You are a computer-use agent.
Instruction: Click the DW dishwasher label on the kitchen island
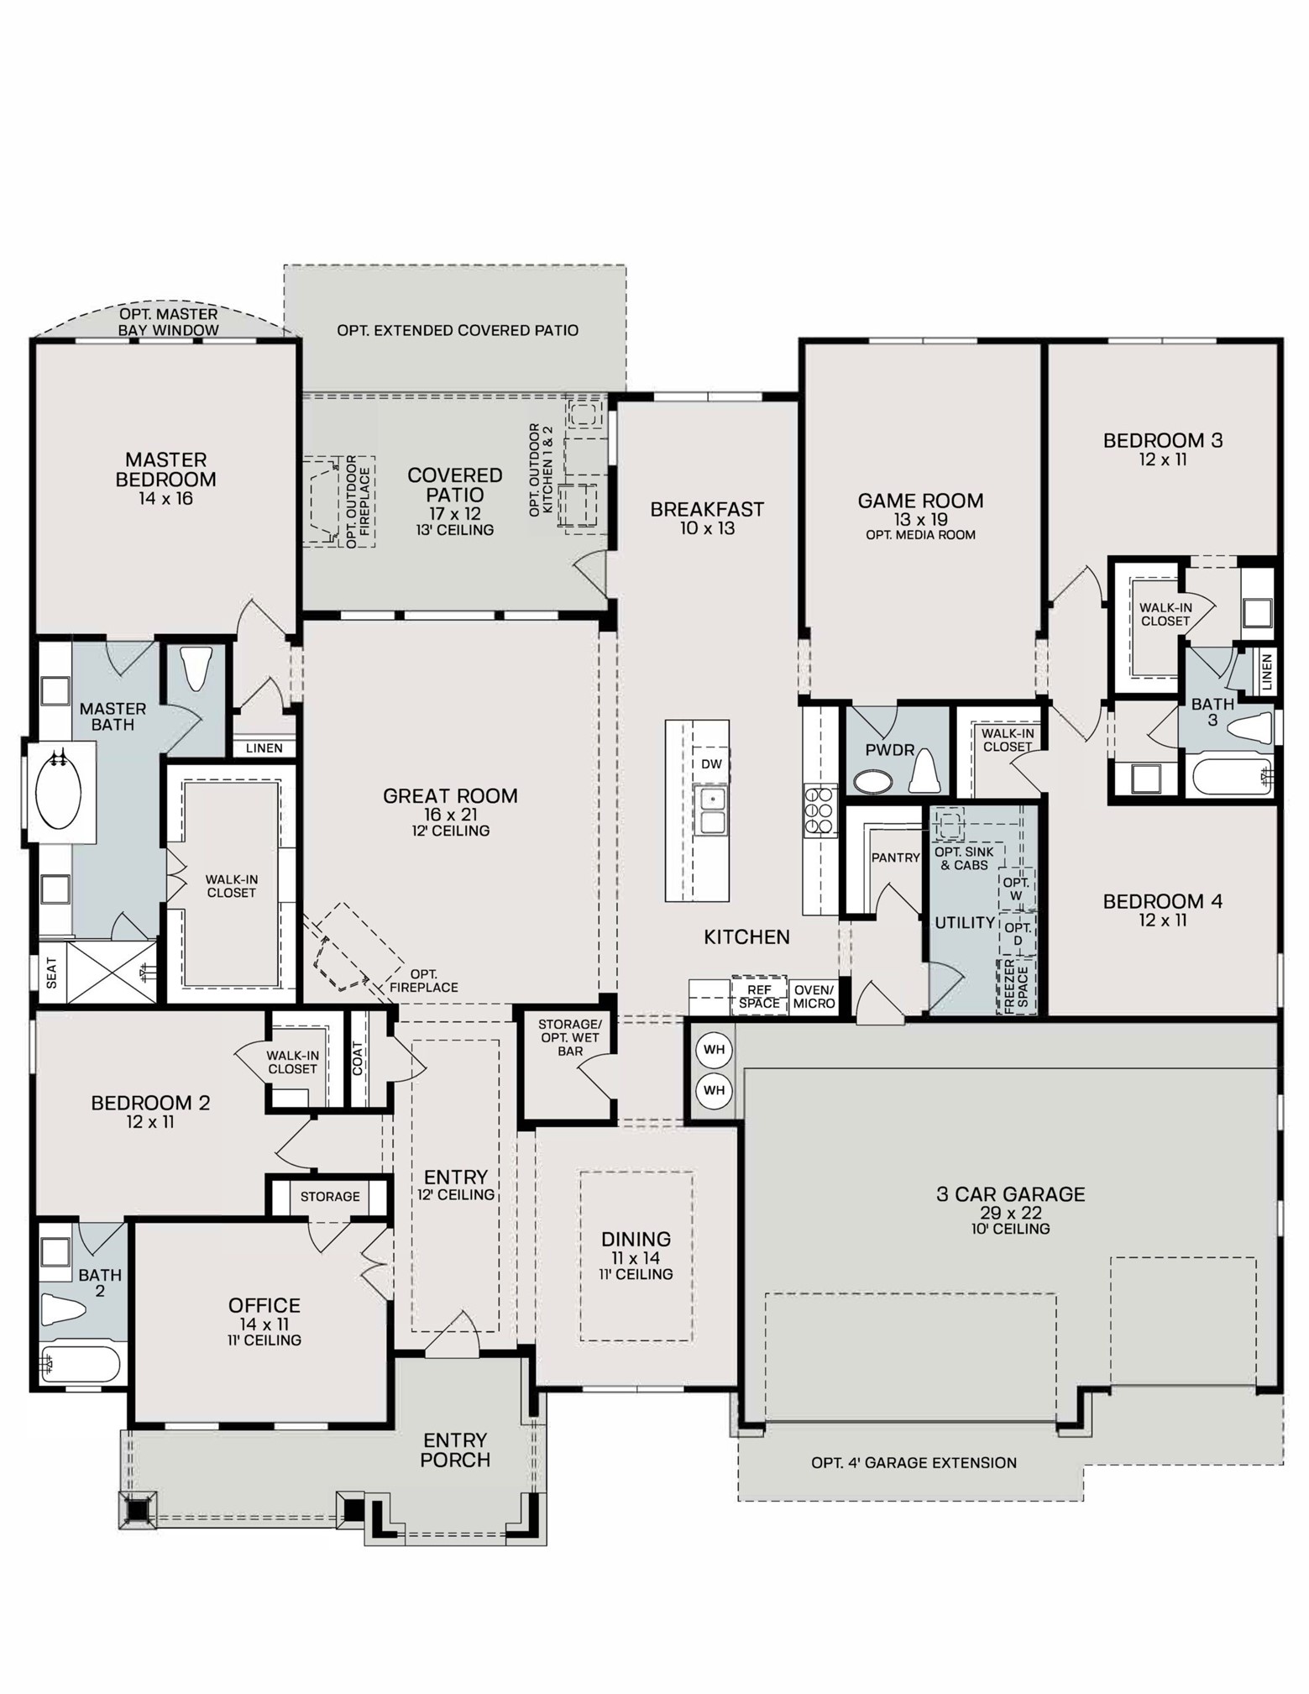[x=710, y=764]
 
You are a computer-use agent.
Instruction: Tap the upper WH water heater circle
[x=714, y=1050]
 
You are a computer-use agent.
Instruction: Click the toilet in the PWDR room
[x=923, y=771]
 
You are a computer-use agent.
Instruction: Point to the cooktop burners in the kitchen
[x=819, y=810]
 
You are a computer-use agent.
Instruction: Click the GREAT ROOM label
[x=450, y=795]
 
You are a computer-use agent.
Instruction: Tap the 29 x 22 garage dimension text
[x=1010, y=1213]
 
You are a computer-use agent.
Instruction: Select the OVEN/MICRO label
[x=814, y=997]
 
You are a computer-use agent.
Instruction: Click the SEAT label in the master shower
[x=52, y=973]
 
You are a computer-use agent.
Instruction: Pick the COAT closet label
[x=359, y=1058]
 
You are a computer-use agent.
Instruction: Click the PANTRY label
[x=895, y=857]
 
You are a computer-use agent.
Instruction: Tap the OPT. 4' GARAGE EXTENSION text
[x=914, y=1462]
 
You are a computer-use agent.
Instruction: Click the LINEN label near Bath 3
[x=1266, y=671]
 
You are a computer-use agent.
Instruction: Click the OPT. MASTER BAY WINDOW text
[x=168, y=322]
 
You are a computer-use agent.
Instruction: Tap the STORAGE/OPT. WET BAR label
[x=569, y=1037]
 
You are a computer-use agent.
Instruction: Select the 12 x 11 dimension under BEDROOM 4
[x=1162, y=920]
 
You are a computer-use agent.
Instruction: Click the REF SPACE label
[x=759, y=997]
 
